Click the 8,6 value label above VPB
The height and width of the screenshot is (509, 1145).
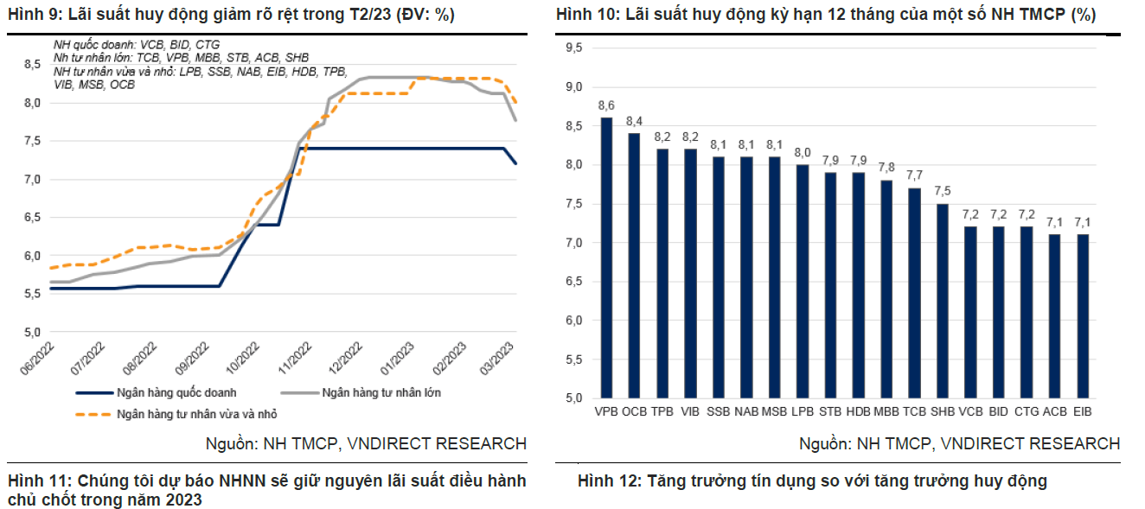click(606, 105)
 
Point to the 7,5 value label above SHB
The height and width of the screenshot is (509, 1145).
click(943, 191)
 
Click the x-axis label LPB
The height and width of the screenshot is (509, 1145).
click(803, 412)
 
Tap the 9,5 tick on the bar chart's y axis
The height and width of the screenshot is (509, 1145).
click(573, 48)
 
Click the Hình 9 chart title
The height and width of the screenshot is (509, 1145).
click(231, 15)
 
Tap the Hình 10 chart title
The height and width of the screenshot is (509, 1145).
click(825, 15)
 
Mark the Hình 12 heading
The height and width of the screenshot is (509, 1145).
click(812, 481)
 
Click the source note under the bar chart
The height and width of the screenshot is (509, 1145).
click(959, 443)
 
